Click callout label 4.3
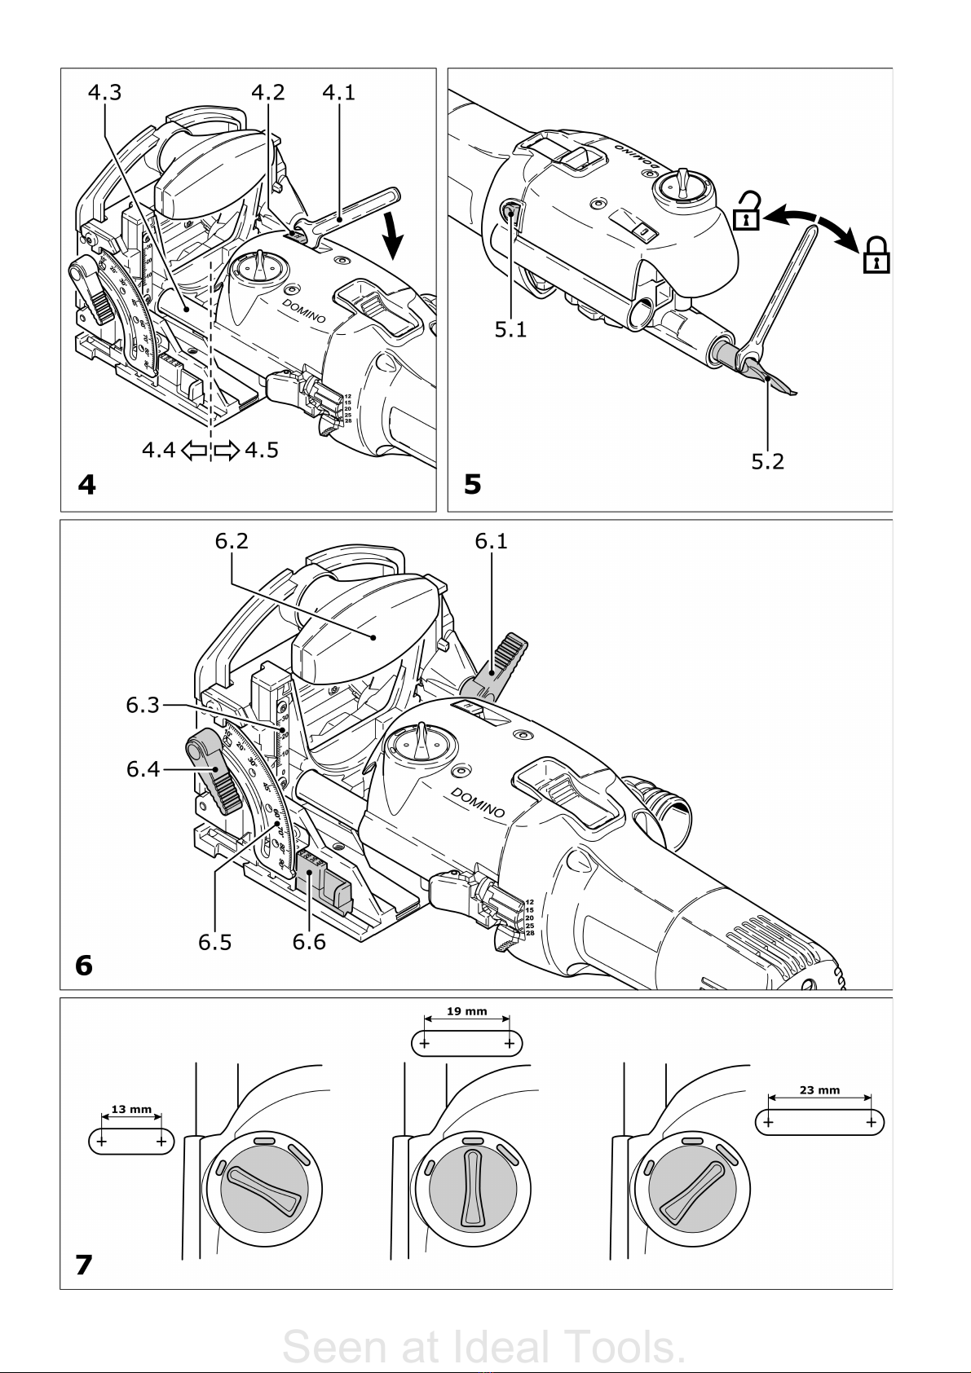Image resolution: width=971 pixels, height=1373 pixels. click(x=104, y=93)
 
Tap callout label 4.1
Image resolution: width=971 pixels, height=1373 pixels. click(x=338, y=93)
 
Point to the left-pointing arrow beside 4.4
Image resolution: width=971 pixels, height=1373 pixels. click(x=194, y=450)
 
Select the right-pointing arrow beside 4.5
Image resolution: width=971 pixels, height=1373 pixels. click(x=227, y=450)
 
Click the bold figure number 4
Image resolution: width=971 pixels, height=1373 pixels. click(x=86, y=486)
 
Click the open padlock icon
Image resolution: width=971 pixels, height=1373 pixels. click(x=746, y=210)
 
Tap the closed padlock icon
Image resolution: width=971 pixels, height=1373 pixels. click(x=876, y=254)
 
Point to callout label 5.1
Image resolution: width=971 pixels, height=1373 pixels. click(x=510, y=329)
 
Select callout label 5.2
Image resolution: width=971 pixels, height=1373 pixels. click(x=767, y=462)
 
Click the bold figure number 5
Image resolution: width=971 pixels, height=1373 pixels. click(x=472, y=486)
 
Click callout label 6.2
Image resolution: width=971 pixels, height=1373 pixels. click(x=232, y=541)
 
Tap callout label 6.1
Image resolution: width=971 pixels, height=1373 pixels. click(x=492, y=541)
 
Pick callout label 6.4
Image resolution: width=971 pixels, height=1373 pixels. click(x=143, y=768)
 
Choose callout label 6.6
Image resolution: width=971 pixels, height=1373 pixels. click(x=309, y=942)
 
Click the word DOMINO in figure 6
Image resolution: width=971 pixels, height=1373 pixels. click(x=478, y=803)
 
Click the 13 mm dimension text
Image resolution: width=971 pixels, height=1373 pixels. click(x=131, y=1109)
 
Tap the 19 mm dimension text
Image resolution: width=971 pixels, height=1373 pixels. click(x=467, y=1011)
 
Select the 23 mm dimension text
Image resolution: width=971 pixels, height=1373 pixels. click(x=819, y=1090)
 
